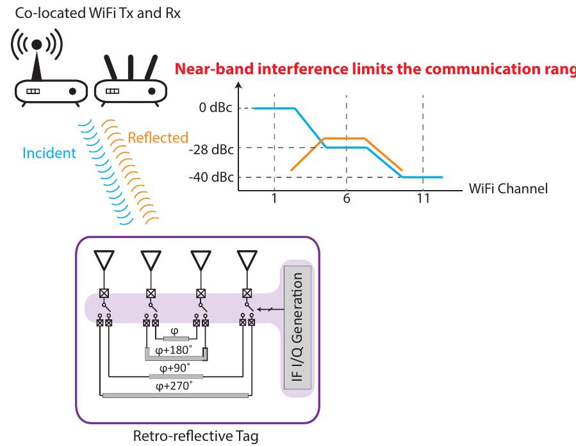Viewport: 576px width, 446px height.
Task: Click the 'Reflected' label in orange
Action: (x=158, y=138)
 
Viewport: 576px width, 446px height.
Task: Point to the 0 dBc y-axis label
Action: (x=215, y=108)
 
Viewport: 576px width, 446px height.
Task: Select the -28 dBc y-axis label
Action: (x=210, y=148)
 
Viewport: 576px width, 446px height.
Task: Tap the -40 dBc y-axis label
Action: (x=210, y=177)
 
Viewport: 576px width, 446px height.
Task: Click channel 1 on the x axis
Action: (x=274, y=198)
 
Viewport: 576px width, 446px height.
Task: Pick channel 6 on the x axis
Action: (x=346, y=198)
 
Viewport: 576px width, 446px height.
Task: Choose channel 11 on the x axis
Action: (x=423, y=198)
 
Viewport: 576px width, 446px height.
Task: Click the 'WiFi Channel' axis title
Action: (x=507, y=190)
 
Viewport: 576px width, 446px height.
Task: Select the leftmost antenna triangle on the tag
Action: (x=103, y=259)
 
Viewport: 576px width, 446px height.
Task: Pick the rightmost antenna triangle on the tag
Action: (x=246, y=259)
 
